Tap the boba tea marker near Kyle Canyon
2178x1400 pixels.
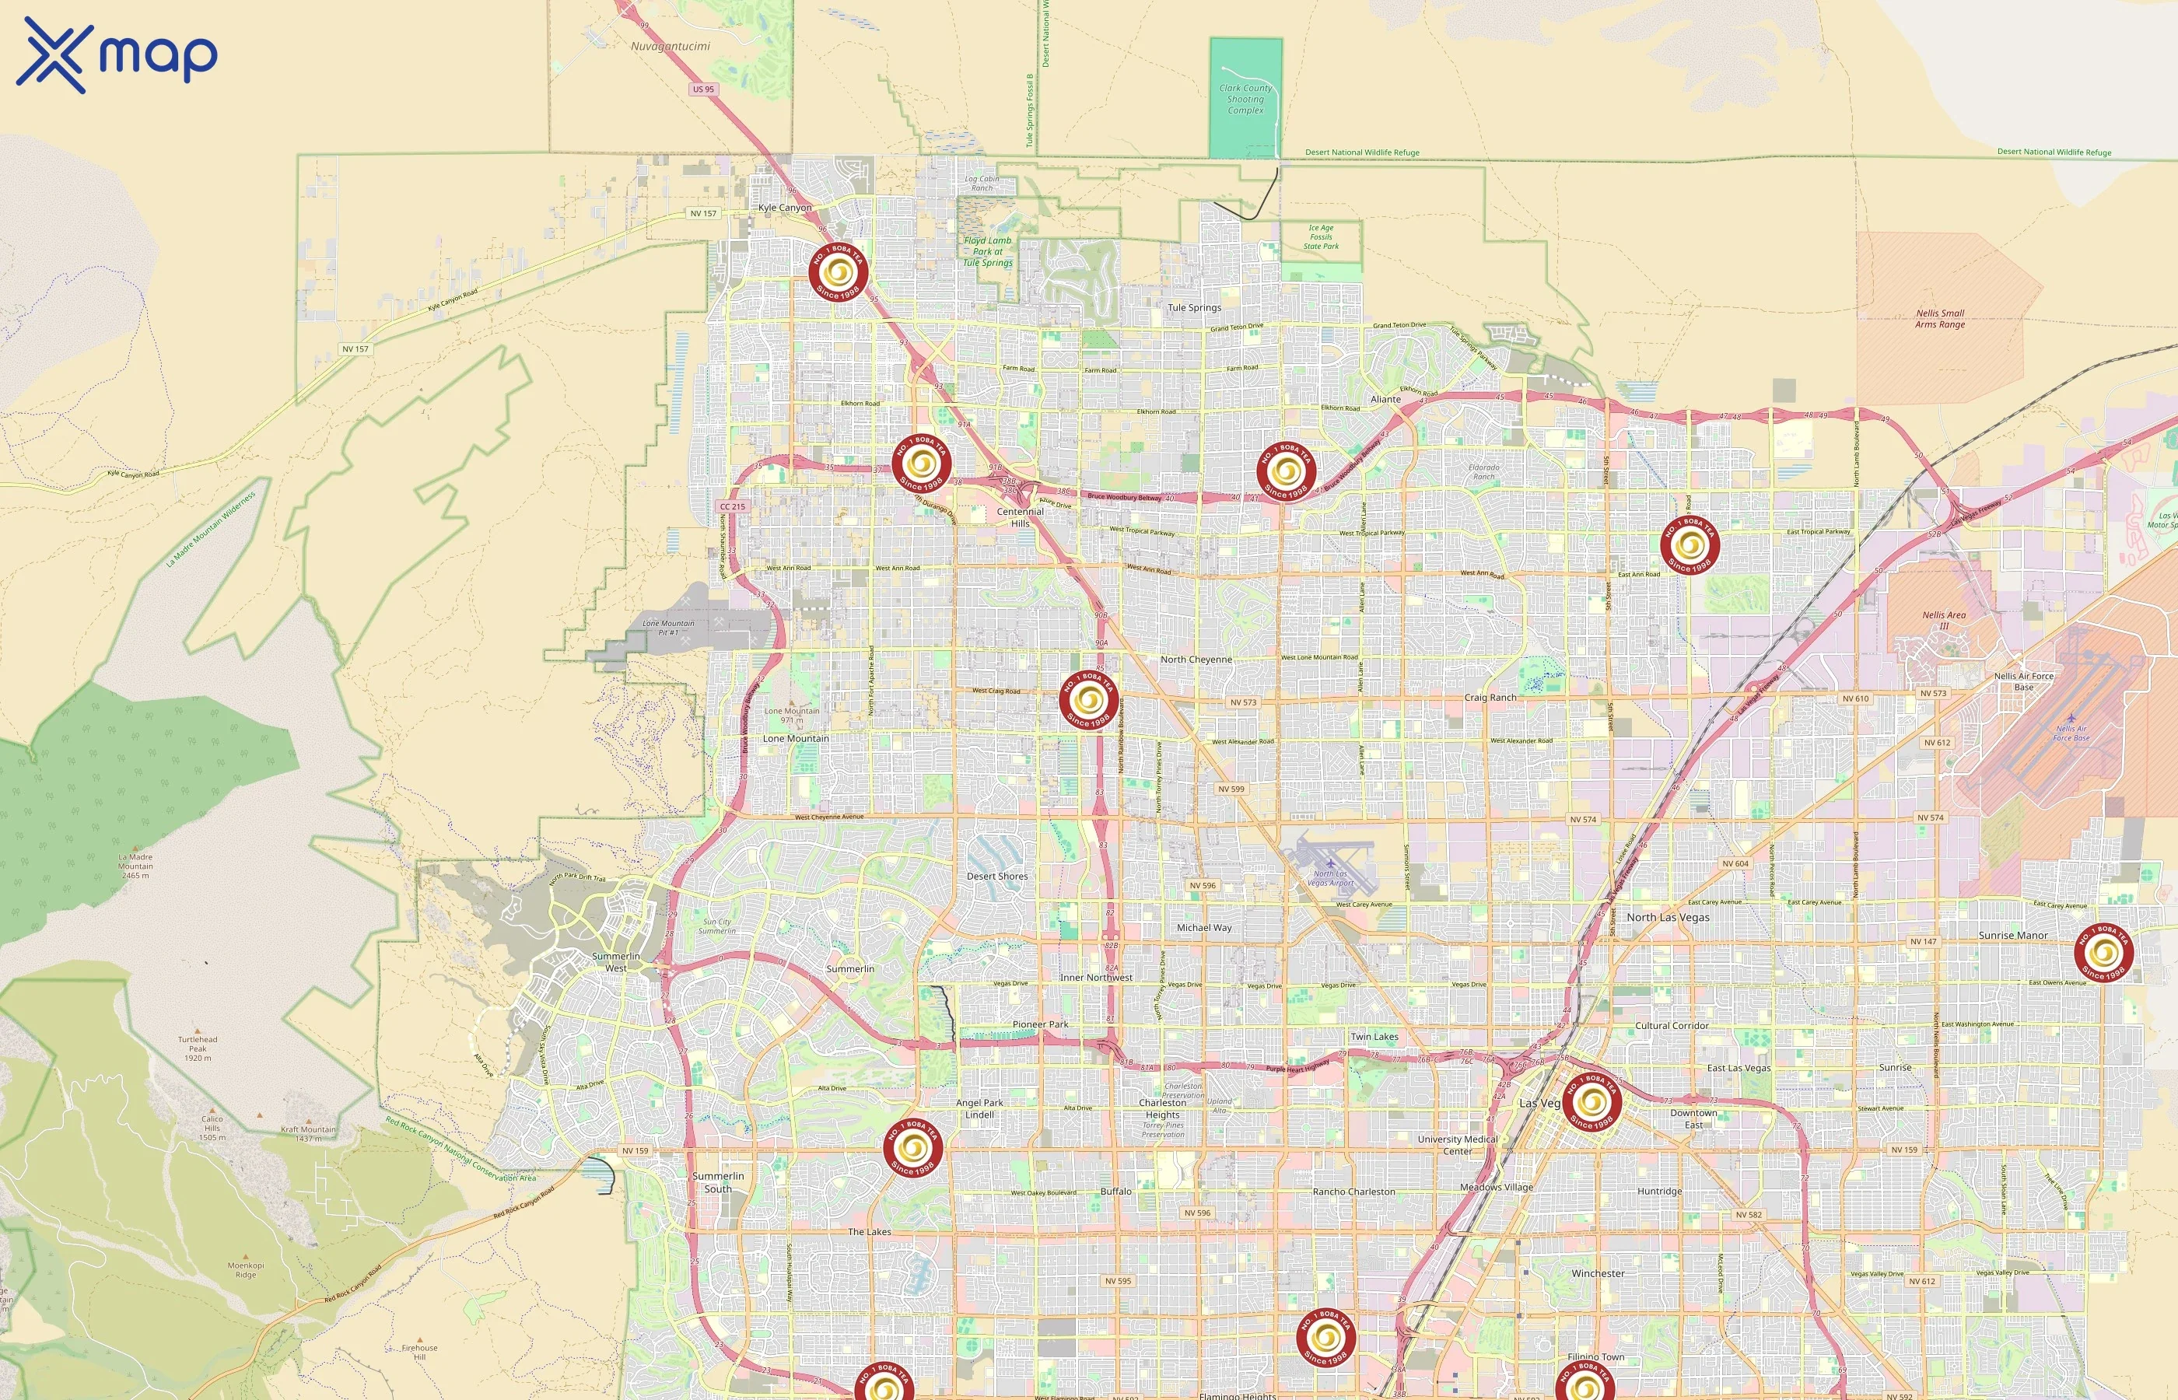(x=837, y=271)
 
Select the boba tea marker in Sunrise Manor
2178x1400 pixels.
(x=2103, y=953)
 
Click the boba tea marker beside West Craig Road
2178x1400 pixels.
(x=1088, y=700)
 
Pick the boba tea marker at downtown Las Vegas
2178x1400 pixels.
(x=1591, y=1103)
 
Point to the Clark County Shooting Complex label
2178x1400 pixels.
(x=1245, y=99)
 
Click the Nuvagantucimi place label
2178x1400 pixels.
(x=670, y=45)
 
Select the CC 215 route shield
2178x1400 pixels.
(x=732, y=506)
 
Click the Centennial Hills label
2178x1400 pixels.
(x=1020, y=517)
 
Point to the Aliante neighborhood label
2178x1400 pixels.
(x=1385, y=399)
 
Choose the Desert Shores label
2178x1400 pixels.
(x=997, y=877)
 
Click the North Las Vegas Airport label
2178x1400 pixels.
(x=1330, y=878)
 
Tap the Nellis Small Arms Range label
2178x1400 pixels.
(x=1940, y=319)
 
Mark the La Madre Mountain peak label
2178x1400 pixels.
(x=135, y=866)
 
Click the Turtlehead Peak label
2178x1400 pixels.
(x=198, y=1048)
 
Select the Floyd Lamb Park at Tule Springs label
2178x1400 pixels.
(x=987, y=252)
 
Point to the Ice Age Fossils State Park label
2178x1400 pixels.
(x=1321, y=236)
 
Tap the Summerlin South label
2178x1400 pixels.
(x=717, y=1181)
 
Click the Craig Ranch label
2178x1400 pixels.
(x=1490, y=697)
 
